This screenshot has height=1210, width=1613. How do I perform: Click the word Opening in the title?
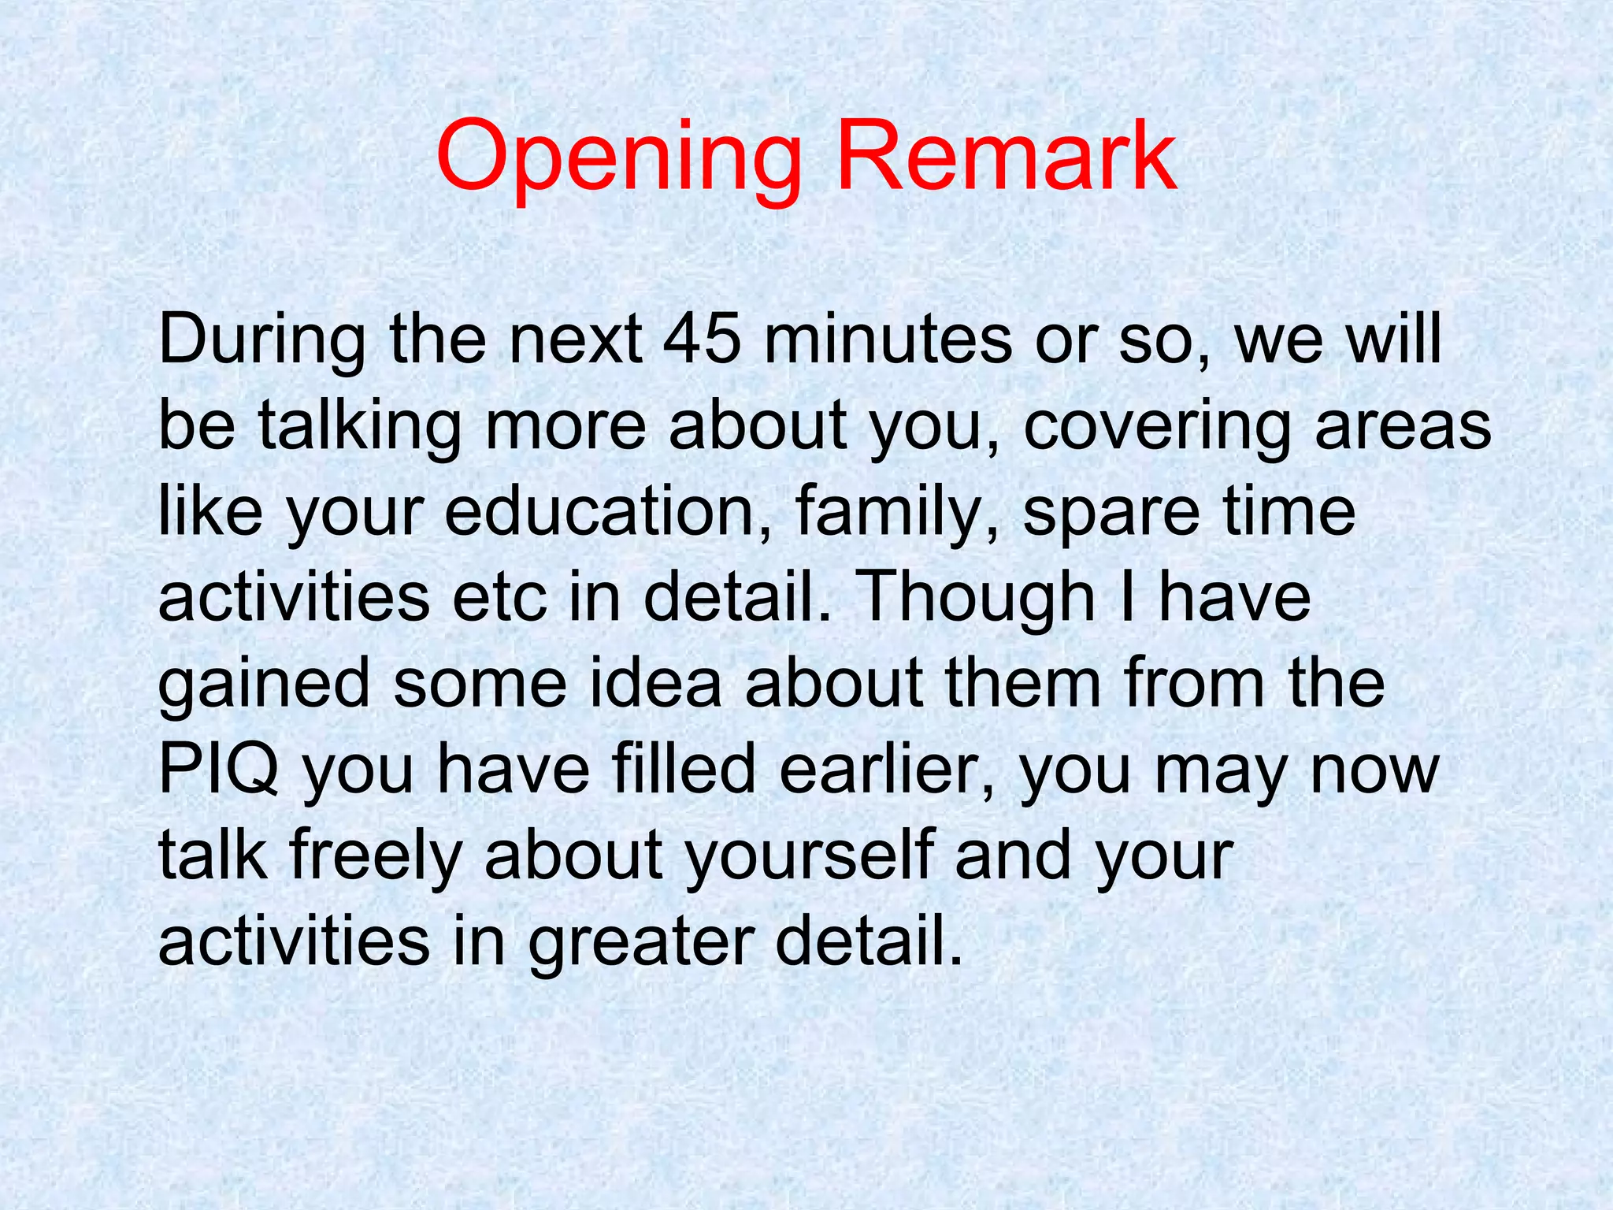(x=618, y=158)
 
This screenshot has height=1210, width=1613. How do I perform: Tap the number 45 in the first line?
(x=702, y=339)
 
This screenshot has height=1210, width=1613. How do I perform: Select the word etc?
(x=499, y=598)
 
